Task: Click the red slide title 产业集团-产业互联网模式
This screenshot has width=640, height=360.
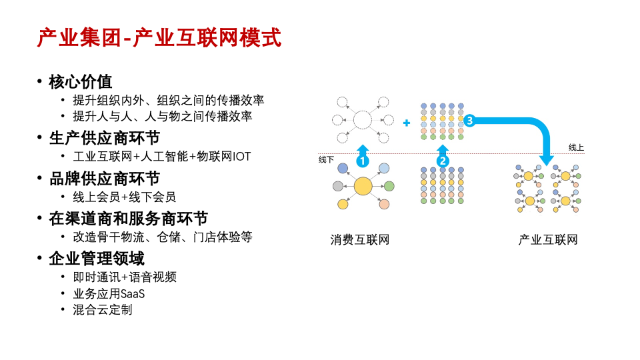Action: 159,37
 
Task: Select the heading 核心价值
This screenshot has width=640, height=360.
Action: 81,81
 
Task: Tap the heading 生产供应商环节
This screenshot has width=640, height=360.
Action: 105,138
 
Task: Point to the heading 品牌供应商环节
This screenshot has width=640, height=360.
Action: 105,179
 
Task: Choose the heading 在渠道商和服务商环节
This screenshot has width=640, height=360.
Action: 129,219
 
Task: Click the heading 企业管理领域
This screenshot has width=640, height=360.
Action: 97,259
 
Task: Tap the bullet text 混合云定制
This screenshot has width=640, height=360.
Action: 103,310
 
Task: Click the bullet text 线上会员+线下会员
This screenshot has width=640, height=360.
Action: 125,197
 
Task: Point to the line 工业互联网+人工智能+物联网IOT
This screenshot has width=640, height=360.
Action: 162,156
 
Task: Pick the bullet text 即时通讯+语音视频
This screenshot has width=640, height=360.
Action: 125,277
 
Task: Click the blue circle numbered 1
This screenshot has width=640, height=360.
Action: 363,161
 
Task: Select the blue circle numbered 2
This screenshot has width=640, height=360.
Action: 443,161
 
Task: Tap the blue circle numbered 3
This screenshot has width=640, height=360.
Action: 469,121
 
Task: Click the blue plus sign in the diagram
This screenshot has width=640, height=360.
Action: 407,123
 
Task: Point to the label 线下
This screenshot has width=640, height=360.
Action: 326,159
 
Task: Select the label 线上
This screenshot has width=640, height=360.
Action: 576,147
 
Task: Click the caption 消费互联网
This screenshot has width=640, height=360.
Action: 360,239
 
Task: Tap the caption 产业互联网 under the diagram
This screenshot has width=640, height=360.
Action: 548,239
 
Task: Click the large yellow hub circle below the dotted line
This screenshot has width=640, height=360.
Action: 363,187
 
